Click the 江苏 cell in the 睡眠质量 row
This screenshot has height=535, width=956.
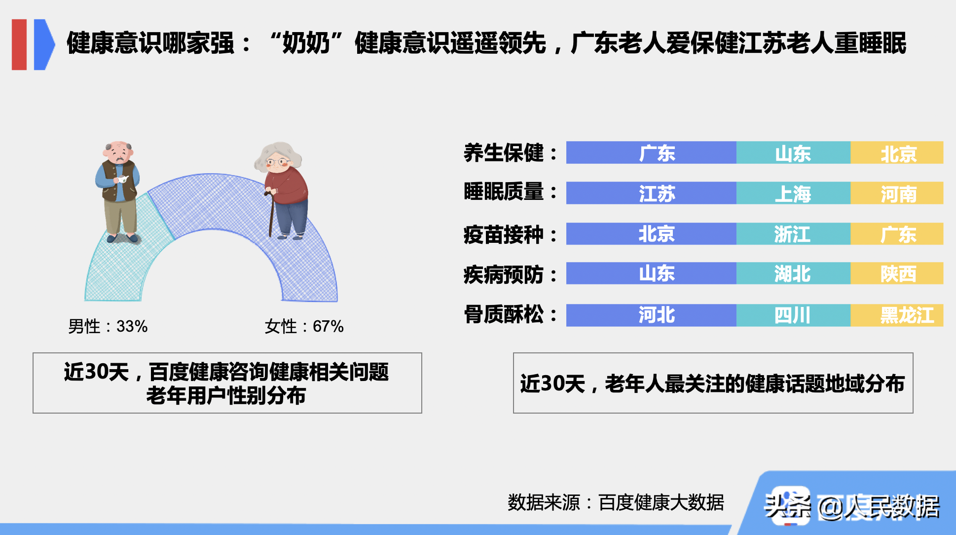651,193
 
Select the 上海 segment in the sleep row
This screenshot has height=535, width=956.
793,193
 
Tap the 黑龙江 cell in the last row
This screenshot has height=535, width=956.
897,315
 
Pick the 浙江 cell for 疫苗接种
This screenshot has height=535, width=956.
793,234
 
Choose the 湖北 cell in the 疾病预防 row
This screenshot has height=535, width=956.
793,273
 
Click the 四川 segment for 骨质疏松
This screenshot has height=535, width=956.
793,315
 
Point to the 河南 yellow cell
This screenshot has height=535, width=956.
897,193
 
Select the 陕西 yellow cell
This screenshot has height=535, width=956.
897,273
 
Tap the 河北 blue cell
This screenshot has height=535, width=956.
651,315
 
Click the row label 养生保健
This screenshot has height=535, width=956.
504,153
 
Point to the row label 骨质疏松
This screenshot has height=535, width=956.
504,314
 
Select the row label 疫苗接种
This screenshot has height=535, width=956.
504,234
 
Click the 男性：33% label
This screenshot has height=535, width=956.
108,326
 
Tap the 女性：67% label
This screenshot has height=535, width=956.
304,326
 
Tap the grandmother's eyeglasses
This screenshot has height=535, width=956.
276,162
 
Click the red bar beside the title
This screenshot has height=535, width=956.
19,44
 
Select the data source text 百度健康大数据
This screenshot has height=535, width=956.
661,502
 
